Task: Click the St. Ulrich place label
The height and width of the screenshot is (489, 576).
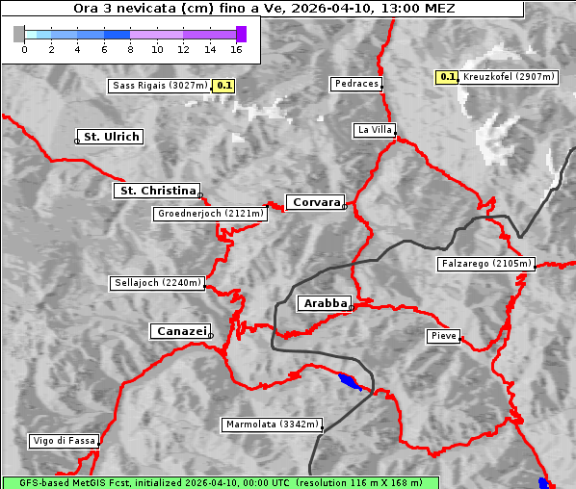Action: coord(111,137)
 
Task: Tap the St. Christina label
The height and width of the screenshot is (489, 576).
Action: coord(157,191)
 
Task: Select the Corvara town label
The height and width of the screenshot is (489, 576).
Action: coord(315,202)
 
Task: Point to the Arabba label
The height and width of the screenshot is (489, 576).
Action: coord(324,303)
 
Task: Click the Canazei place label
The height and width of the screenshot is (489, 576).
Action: coord(180,331)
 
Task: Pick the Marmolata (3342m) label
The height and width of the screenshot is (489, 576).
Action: coord(273,425)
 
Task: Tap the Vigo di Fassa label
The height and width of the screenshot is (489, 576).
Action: coord(64,441)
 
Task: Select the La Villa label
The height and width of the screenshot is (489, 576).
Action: coord(374,129)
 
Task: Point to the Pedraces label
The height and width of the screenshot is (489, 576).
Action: coord(356,84)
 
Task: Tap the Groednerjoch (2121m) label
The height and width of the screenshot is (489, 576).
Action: coord(210,213)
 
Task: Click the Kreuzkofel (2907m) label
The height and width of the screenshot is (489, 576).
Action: coord(506,76)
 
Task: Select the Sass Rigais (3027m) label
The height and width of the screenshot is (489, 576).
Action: coord(160,86)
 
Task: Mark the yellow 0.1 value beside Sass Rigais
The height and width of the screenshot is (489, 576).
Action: coord(224,86)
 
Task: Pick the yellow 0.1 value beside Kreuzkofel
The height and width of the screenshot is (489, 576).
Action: coord(447,76)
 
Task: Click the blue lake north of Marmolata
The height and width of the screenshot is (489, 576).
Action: coord(351,382)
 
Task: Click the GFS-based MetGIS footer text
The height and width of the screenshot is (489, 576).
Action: coord(220,482)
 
